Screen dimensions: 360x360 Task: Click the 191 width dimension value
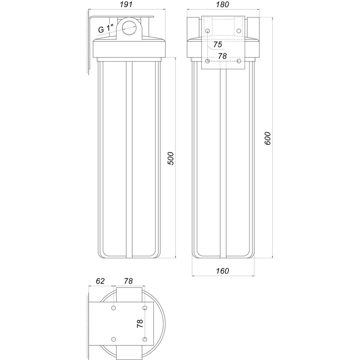click(126, 5)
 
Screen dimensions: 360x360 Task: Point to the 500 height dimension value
click(170, 159)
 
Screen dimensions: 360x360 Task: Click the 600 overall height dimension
click(267, 138)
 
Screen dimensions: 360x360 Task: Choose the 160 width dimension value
click(222, 271)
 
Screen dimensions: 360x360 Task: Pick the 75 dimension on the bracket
click(218, 45)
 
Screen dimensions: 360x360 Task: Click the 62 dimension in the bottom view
click(100, 281)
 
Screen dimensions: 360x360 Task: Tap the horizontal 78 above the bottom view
click(128, 281)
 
